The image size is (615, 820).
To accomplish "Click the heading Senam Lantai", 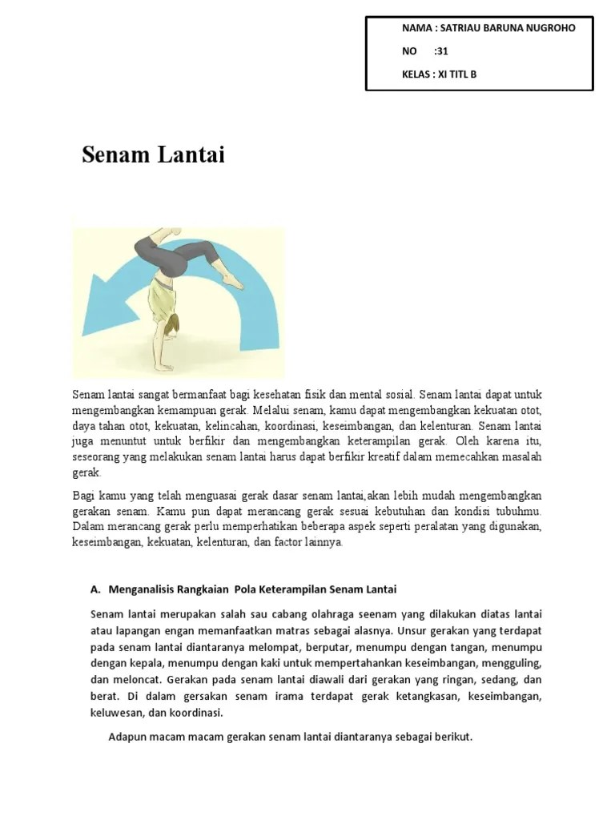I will coord(153,155).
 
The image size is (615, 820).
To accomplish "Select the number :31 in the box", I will coord(440,51).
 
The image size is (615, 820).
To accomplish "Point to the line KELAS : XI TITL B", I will coord(444,74).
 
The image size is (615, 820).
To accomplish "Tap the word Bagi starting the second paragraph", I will coord(82,496).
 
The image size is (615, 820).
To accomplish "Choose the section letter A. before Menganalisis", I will coord(95,589).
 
